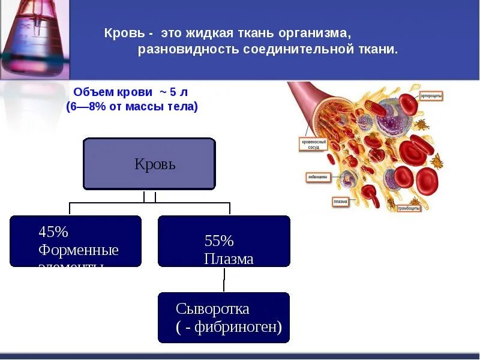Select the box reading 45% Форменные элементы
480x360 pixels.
pyautogui.click(x=76, y=241)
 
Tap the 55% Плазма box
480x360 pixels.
pyautogui.click(x=224, y=241)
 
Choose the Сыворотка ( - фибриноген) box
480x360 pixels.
pyautogui.click(x=224, y=317)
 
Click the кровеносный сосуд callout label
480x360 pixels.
pyautogui.click(x=313, y=145)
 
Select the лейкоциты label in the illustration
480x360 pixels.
pyautogui.click(x=317, y=178)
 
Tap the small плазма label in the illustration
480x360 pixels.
pyautogui.click(x=340, y=202)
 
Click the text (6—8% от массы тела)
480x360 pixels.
pyautogui.click(x=132, y=107)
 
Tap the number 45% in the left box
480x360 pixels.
pyautogui.click(x=53, y=232)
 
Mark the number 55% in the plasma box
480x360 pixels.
pyautogui.click(x=219, y=241)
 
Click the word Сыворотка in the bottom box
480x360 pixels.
pyautogui.click(x=212, y=310)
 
